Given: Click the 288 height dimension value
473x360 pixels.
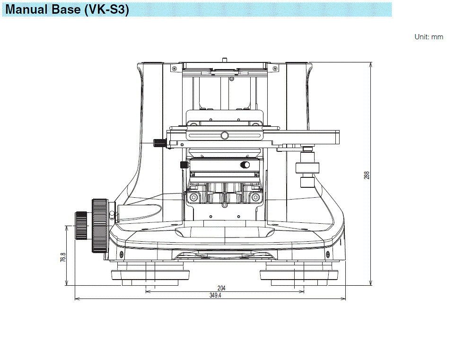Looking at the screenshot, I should [x=367, y=175].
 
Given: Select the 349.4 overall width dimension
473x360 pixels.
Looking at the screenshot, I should [x=216, y=295].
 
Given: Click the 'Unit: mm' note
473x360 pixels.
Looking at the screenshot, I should [x=429, y=37].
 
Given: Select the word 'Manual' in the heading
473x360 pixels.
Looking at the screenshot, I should [x=27, y=9].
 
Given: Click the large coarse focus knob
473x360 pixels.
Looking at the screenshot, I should [x=100, y=226].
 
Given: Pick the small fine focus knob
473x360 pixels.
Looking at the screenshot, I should [x=81, y=226].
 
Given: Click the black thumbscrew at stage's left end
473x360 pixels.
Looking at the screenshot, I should [x=159, y=142].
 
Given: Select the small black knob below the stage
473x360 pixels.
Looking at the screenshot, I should [x=184, y=165].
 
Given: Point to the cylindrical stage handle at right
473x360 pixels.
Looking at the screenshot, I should [x=308, y=168].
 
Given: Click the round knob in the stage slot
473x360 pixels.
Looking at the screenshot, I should [x=225, y=136].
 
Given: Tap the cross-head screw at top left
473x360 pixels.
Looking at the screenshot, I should [x=175, y=69].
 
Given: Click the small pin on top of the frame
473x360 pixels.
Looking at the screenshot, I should [x=225, y=60].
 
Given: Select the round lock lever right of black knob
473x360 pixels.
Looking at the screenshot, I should [x=245, y=165].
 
